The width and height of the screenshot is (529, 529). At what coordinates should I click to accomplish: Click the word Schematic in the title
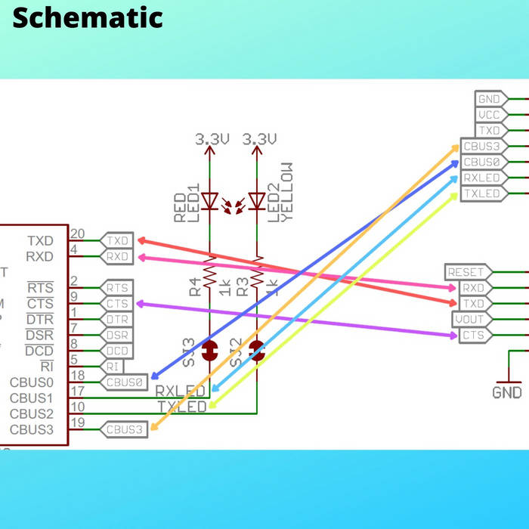click(x=88, y=17)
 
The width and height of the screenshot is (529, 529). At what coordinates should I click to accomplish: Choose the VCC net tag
click(x=487, y=115)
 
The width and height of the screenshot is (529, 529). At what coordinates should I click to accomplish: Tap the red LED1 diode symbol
click(x=210, y=201)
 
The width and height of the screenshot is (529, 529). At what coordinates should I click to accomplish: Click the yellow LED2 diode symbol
click(x=257, y=201)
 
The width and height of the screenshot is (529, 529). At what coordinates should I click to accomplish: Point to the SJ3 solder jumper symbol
click(x=210, y=350)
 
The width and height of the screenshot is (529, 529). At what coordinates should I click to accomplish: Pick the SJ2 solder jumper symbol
click(x=257, y=350)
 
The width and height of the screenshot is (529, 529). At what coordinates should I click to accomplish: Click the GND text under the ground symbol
click(x=506, y=393)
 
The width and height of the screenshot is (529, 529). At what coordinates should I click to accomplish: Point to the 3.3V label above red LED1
click(x=212, y=140)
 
